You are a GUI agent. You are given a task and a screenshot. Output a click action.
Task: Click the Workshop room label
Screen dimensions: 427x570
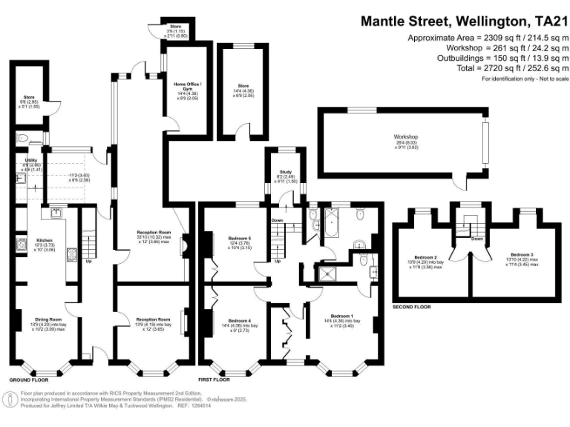[x=406, y=137]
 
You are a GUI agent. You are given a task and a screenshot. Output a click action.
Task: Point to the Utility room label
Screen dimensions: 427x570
[x=30, y=159]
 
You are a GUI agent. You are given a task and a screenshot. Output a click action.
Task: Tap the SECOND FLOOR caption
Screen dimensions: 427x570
[x=413, y=306]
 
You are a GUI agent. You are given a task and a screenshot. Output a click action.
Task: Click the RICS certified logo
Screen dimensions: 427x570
[x=10, y=400]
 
